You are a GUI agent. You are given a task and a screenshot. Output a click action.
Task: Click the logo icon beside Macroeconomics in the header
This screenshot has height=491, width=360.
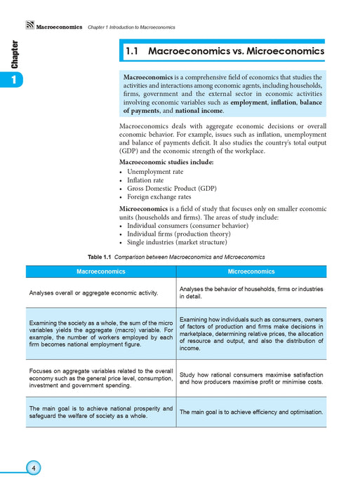click(x=29, y=27)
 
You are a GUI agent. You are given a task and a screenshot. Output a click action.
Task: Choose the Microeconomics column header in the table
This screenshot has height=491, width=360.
click(x=251, y=271)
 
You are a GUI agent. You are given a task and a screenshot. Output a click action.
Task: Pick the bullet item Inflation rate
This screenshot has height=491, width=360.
click(x=145, y=180)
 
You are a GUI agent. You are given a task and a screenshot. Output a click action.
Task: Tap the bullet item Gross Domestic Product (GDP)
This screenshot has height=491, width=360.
click(x=166, y=189)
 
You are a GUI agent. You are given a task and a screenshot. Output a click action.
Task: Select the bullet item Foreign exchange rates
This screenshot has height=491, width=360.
click(x=159, y=198)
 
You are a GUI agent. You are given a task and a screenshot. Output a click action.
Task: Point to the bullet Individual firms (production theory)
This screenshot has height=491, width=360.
click(x=178, y=234)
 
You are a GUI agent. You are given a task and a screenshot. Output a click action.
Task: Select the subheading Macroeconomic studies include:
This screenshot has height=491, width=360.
click(x=166, y=162)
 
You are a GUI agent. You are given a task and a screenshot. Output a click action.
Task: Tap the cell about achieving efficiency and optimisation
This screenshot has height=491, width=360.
click(x=251, y=412)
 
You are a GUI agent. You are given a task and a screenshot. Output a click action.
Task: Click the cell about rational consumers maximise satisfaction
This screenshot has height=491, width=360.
click(x=251, y=378)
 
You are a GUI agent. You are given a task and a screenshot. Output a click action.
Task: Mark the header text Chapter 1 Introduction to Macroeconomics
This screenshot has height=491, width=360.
click(x=131, y=27)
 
